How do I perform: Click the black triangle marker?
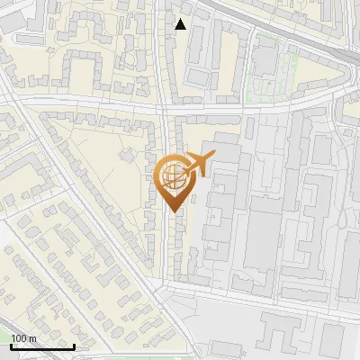coord(181,24)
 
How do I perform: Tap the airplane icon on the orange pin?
coord(197,164)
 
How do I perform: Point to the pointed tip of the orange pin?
coord(173,212)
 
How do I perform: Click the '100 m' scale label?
coord(23,338)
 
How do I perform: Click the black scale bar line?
coord(42,346)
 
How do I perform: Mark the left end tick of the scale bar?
coord(11,345)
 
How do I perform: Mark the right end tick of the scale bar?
coord(74,345)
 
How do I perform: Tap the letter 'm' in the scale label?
coord(32,338)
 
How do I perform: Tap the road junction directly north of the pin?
coord(165,108)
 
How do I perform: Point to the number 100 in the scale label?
coord(18,338)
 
